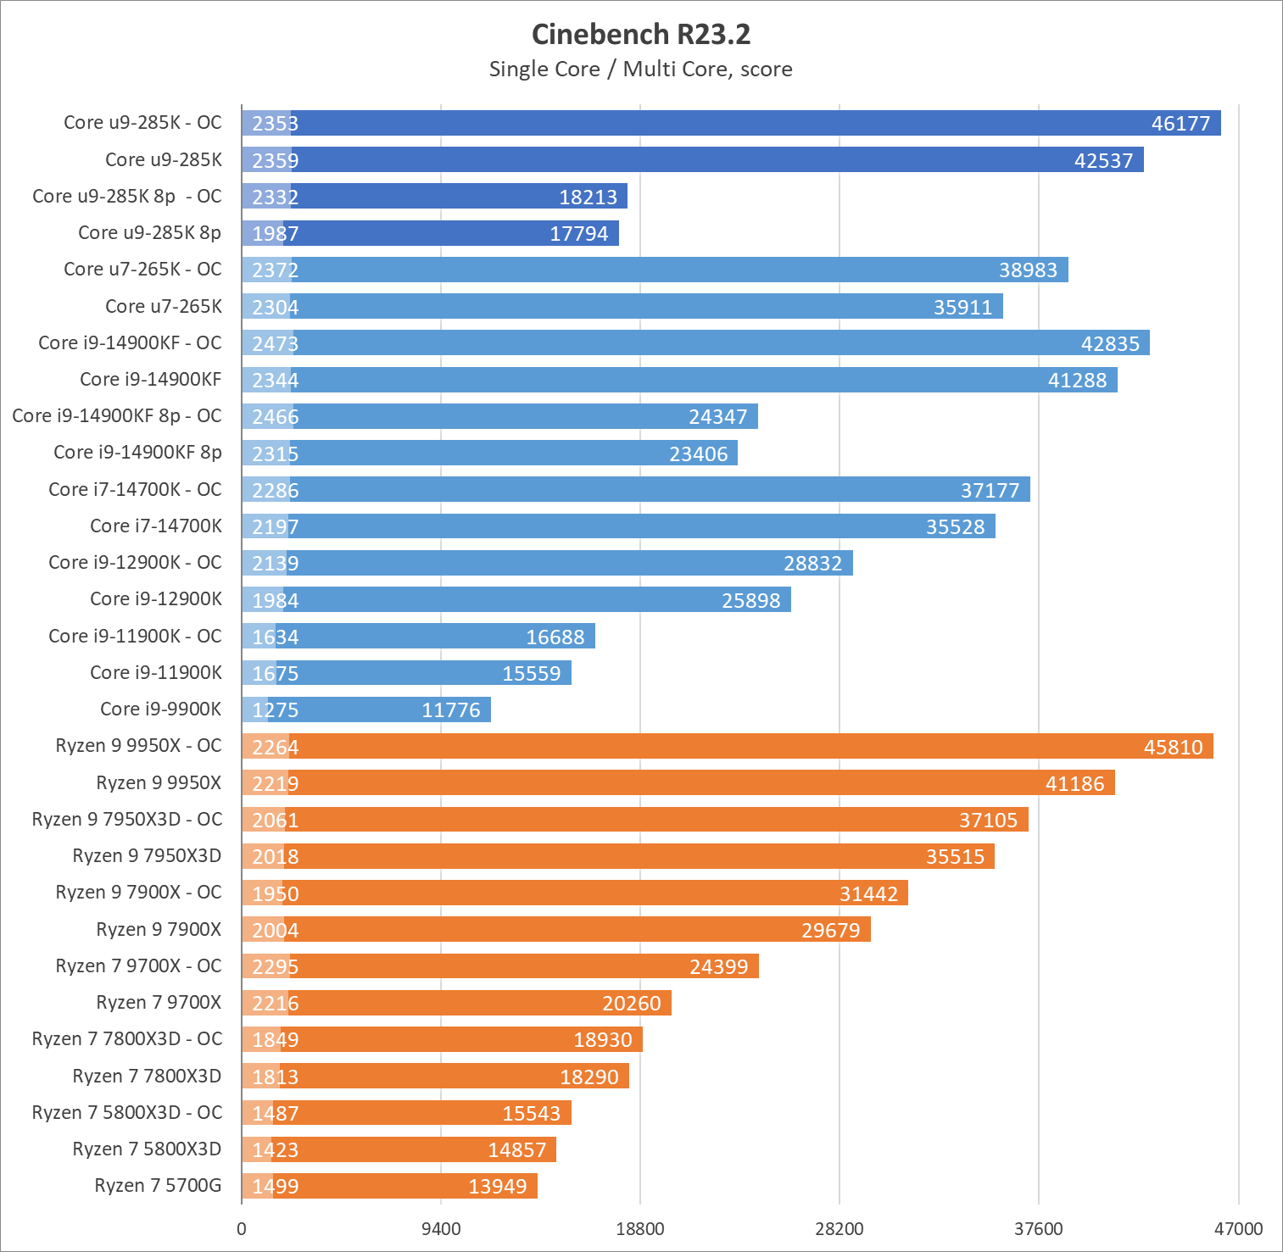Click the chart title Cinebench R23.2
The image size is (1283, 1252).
(640, 35)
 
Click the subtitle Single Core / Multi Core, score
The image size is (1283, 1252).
(640, 70)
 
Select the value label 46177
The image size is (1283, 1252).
(1180, 124)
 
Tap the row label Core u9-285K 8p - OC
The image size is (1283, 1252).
(127, 197)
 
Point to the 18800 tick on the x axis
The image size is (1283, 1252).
(639, 1229)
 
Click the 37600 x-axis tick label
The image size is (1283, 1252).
(1038, 1229)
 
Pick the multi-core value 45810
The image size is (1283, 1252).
(1173, 748)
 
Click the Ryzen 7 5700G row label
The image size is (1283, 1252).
(158, 1186)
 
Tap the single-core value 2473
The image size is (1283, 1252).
(275, 344)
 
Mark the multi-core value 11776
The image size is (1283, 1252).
(451, 710)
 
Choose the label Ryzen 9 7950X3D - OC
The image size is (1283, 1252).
(127, 820)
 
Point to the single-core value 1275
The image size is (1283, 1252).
(275, 710)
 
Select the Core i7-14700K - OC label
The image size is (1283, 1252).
(136, 490)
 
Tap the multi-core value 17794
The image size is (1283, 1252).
(578, 234)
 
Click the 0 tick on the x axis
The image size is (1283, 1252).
(242, 1229)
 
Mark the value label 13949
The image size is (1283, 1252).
(497, 1187)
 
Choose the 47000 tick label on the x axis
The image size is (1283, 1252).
(1238, 1229)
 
